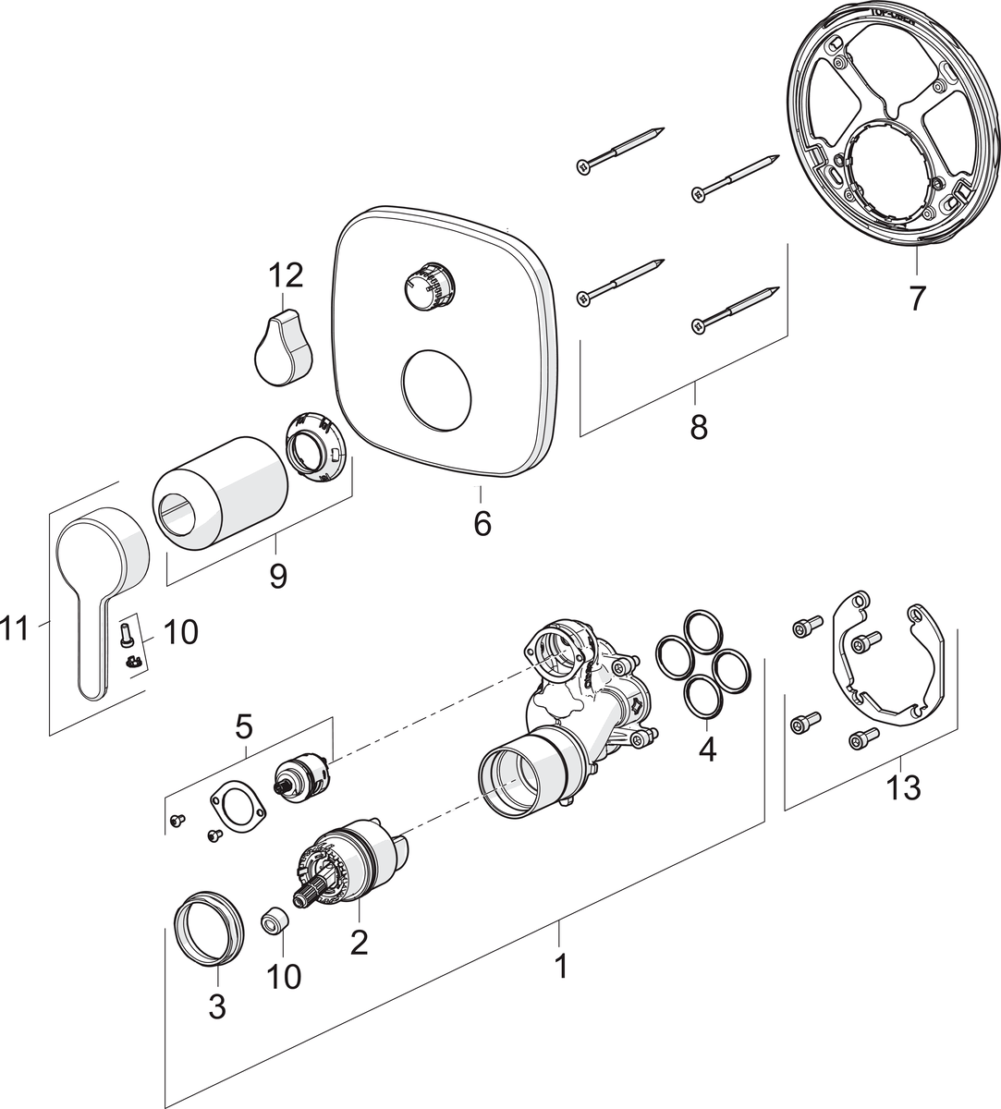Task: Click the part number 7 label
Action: pyautogui.click(x=915, y=299)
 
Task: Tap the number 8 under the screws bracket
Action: pyautogui.click(x=698, y=427)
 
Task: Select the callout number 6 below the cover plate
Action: pyautogui.click(x=482, y=523)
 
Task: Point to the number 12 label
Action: pyautogui.click(x=286, y=275)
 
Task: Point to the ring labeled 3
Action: pyautogui.click(x=210, y=928)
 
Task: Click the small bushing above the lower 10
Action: pyautogui.click(x=274, y=920)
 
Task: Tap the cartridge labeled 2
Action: pyautogui.click(x=348, y=859)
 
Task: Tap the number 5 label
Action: pyautogui.click(x=243, y=726)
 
